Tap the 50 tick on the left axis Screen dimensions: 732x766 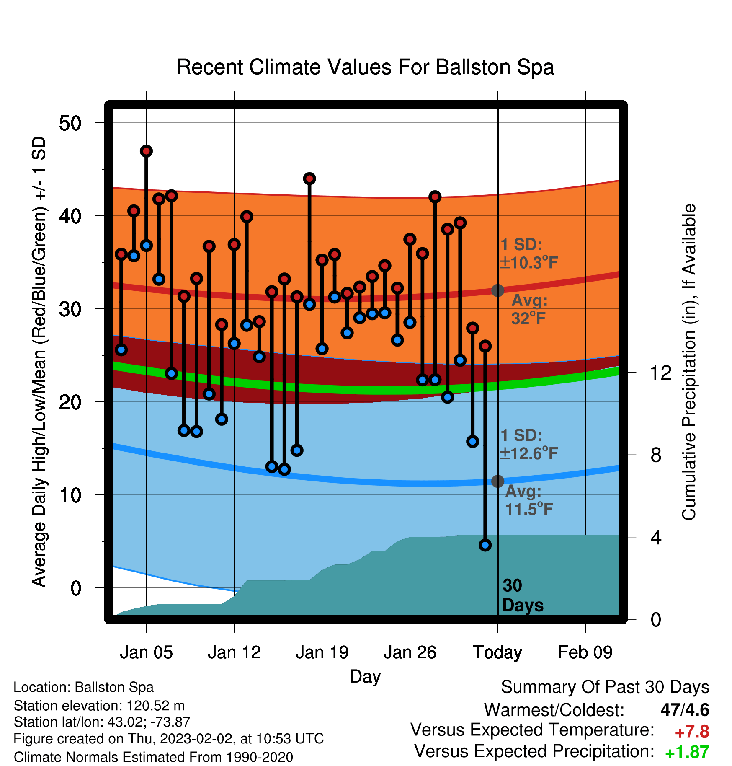70,123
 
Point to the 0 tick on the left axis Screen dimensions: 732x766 76,588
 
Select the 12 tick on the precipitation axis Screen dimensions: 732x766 660,373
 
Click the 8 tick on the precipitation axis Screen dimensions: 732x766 656,455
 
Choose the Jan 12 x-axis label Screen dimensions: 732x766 234,652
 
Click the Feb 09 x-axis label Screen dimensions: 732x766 585,652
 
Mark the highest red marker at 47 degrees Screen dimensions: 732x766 146,151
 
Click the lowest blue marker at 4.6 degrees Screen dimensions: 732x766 485,545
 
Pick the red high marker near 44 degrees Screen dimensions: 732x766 309,179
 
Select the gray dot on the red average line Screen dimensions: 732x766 497,290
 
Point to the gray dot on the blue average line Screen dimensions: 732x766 497,481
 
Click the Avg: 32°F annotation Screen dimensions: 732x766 529,309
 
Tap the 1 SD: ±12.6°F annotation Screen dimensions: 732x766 529,444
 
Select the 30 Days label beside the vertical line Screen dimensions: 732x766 523,595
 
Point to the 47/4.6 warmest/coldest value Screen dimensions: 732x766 685,710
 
